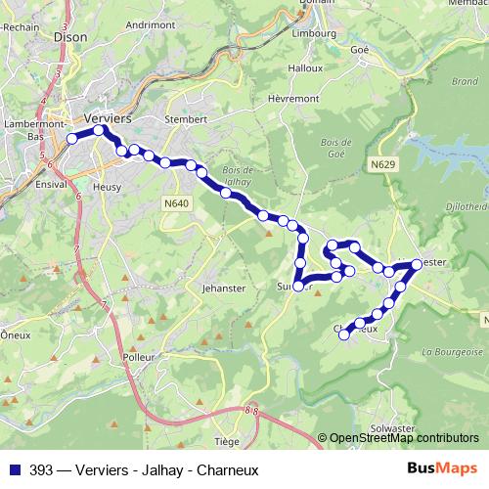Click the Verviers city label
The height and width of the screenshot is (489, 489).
tap(108, 116)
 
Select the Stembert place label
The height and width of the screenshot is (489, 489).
tap(186, 119)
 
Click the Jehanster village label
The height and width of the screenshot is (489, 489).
tap(225, 290)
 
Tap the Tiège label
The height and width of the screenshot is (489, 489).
tap(227, 441)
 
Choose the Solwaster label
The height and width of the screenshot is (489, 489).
tap(393, 428)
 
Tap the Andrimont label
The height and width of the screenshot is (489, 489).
tap(150, 23)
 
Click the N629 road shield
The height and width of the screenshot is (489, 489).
tap(383, 166)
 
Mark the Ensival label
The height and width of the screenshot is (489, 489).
tap(50, 183)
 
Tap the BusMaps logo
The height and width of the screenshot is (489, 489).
tap(441, 468)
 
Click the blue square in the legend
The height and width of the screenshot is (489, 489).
tap(14, 469)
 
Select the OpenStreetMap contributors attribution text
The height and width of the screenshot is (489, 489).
tap(403, 438)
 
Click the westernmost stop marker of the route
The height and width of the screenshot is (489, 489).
tap(71, 139)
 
